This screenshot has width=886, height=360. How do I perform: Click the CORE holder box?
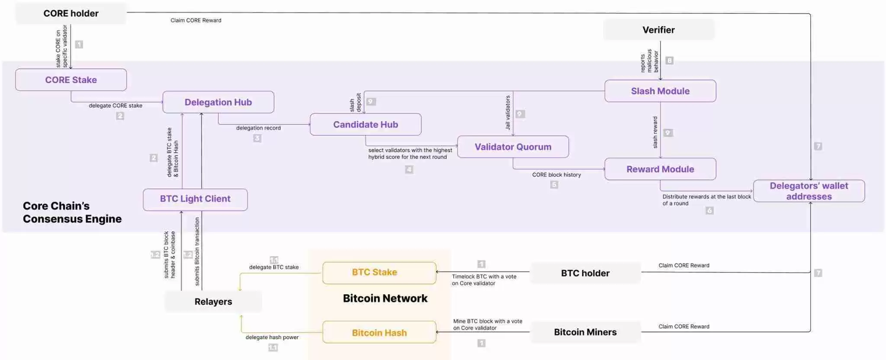click(x=71, y=13)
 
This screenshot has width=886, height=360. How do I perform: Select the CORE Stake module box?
click(x=71, y=80)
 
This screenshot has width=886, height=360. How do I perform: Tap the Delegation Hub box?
click(x=218, y=102)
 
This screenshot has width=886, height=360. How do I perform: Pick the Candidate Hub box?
click(x=366, y=125)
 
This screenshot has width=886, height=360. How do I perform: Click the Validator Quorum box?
click(x=513, y=147)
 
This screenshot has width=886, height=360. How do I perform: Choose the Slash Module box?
click(x=660, y=91)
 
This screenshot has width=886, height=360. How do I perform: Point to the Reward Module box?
click(x=660, y=169)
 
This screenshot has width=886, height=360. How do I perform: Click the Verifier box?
click(x=658, y=30)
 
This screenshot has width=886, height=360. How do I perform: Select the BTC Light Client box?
click(x=195, y=199)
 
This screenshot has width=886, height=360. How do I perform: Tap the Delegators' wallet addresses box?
click(x=809, y=191)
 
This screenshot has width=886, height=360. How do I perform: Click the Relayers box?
click(x=213, y=302)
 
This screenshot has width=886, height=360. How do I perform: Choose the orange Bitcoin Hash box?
click(x=379, y=332)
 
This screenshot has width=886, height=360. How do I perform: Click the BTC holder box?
click(x=585, y=273)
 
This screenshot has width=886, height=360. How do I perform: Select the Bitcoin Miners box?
click(x=585, y=332)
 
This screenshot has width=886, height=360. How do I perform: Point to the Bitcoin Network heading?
click(x=385, y=298)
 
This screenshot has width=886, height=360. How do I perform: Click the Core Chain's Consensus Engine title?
click(x=72, y=212)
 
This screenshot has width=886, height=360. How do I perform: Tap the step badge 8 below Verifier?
click(x=669, y=61)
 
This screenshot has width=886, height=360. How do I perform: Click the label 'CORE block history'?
click(x=556, y=175)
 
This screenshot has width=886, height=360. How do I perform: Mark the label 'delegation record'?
click(x=258, y=128)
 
